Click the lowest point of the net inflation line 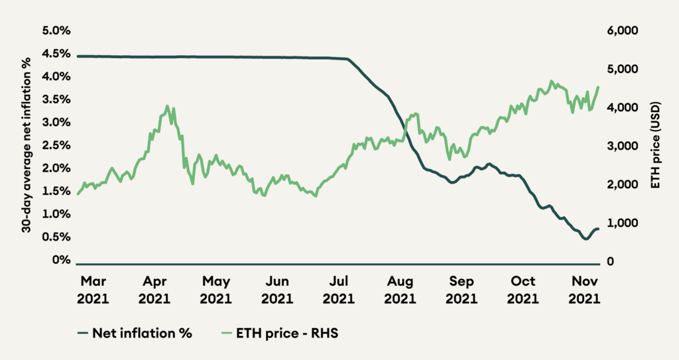click(x=585, y=239)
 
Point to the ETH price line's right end click(x=599, y=87)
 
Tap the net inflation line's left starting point click(x=78, y=56)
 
